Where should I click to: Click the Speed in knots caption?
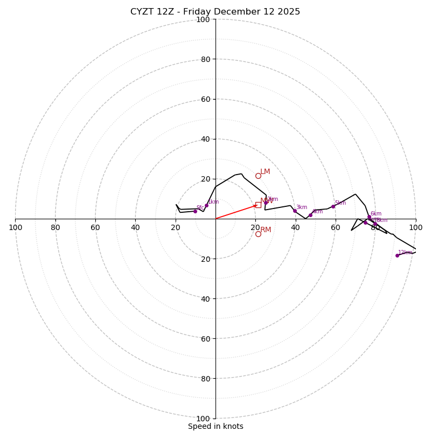tap(215, 426)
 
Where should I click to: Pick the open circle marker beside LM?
tap(258, 176)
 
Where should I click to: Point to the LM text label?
tap(265, 172)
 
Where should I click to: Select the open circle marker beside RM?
tap(258, 234)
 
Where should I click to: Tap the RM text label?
tap(266, 230)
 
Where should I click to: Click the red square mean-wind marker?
tap(258, 205)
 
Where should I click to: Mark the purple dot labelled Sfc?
tap(195, 211)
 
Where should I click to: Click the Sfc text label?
tap(200, 208)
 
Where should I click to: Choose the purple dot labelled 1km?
tap(206, 205)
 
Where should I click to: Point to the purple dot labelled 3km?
tap(295, 211)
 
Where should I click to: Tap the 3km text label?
tap(302, 207)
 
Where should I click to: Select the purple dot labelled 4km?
tap(310, 215)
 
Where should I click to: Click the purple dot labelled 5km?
tap(333, 206)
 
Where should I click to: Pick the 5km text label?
tap(340, 203)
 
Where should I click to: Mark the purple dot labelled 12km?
tap(397, 255)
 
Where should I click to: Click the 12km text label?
tap(405, 252)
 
